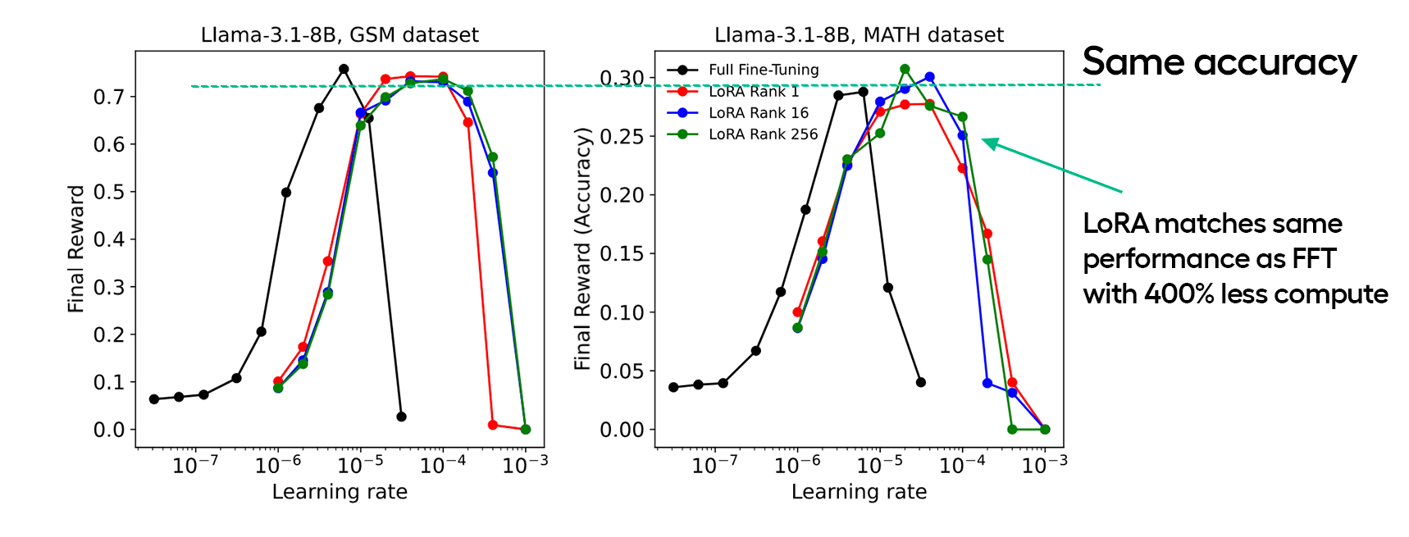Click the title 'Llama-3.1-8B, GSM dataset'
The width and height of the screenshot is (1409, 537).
tap(340, 35)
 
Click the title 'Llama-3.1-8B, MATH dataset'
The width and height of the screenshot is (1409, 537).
tap(859, 35)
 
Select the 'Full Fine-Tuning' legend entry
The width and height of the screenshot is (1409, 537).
tap(763, 70)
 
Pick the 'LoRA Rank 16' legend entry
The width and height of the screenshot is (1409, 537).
tap(758, 113)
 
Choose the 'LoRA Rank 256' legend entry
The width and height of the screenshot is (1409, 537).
tap(763, 134)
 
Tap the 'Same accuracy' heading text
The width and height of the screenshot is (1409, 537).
tap(1219, 62)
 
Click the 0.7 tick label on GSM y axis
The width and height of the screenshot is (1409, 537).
tap(108, 97)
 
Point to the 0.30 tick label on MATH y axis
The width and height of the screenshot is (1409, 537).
tap(622, 78)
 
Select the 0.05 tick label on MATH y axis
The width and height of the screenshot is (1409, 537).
tap(622, 371)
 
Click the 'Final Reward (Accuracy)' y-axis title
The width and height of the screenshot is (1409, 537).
tap(582, 248)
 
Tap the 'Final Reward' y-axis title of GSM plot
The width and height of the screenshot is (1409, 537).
tap(75, 248)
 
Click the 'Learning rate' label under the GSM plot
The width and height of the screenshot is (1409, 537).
tap(340, 492)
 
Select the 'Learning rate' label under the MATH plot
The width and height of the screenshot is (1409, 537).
tap(859, 492)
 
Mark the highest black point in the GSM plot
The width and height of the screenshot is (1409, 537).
tap(344, 70)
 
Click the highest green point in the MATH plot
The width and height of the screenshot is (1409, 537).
tap(905, 70)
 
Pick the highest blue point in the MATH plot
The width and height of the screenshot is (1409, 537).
tap(929, 77)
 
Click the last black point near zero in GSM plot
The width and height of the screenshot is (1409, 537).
tap(401, 416)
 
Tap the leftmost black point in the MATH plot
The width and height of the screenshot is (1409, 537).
tap(673, 387)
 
